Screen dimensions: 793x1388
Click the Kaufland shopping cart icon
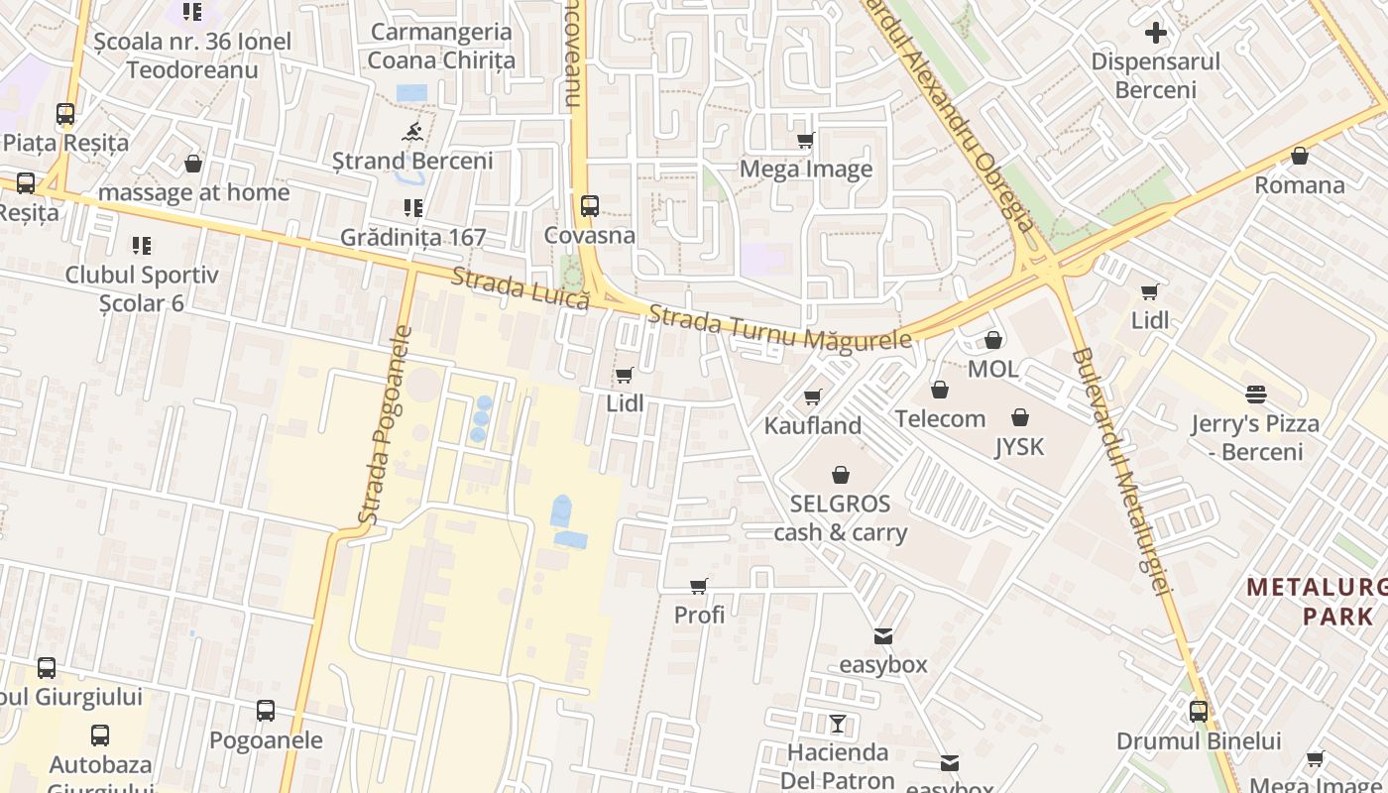click(813, 397)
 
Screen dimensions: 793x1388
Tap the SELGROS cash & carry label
click(840, 517)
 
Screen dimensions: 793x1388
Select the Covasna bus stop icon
click(590, 206)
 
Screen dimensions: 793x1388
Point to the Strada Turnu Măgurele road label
click(779, 328)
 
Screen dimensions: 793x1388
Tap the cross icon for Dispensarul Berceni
click(1155, 33)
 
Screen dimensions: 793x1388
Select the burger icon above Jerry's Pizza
click(1256, 395)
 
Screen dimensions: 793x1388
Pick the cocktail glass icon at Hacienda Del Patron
click(838, 724)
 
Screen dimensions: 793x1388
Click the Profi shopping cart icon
click(699, 587)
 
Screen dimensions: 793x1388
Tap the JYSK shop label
click(1019, 447)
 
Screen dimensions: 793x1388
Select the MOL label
click(992, 369)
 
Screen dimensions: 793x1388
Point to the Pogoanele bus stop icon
click(266, 711)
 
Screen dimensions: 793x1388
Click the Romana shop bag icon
click(1300, 157)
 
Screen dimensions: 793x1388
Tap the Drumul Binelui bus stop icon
click(1199, 712)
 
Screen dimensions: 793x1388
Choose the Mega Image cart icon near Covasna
click(806, 141)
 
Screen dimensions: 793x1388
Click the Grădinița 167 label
click(412, 237)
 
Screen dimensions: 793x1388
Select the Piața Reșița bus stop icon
click(65, 114)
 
